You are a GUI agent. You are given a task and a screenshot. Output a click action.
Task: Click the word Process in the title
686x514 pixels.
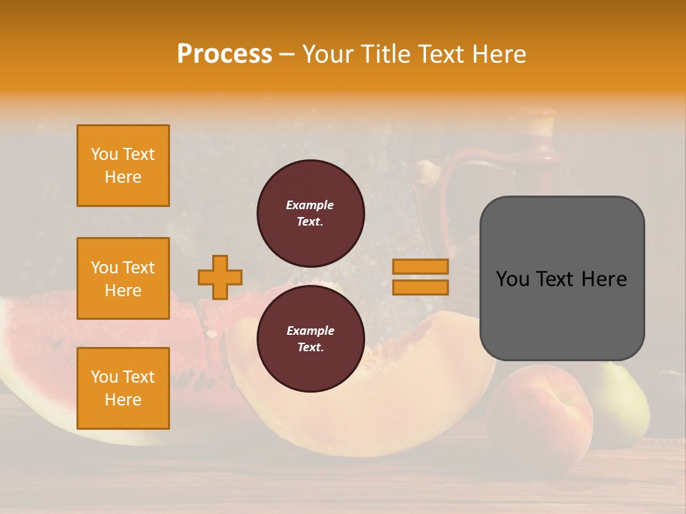click(224, 54)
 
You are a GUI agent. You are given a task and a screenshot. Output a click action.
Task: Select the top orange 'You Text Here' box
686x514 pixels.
click(123, 166)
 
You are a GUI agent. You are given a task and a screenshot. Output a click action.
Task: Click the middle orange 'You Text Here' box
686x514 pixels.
click(123, 278)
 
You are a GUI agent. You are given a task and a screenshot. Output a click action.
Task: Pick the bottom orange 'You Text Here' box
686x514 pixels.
click(123, 388)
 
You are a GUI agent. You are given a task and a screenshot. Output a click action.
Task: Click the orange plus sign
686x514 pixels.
click(220, 277)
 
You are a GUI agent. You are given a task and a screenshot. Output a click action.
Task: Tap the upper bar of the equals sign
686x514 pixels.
click(420, 266)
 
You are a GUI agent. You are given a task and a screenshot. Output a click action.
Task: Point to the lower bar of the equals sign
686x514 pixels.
click(420, 287)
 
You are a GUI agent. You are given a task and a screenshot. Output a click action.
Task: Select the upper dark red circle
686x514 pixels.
click(311, 213)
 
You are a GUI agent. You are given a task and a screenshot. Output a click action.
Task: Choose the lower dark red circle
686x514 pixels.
click(311, 338)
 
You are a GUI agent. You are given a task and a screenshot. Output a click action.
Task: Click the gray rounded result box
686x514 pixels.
click(562, 314)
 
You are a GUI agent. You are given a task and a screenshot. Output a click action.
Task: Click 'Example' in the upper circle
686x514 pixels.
click(310, 205)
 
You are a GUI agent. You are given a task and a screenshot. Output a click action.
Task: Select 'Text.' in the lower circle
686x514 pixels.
click(310, 347)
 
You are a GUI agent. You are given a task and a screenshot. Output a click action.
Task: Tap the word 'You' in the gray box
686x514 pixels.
click(512, 278)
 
